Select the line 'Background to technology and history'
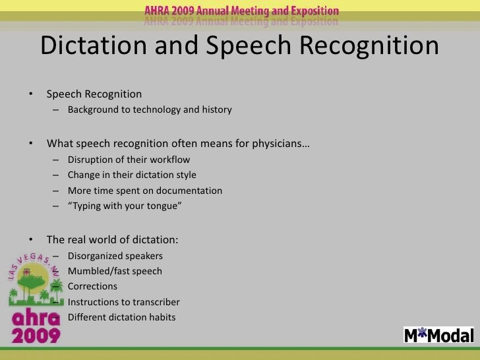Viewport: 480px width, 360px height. (149, 109)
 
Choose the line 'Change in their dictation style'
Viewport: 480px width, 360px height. (132, 175)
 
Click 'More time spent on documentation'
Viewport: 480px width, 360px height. (144, 191)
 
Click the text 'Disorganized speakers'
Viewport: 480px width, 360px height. (115, 256)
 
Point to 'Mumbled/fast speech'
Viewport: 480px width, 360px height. (115, 271)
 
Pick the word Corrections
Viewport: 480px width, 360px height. (92, 287)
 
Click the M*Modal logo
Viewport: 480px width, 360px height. (438, 335)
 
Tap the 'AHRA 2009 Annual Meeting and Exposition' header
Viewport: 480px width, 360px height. (242, 12)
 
